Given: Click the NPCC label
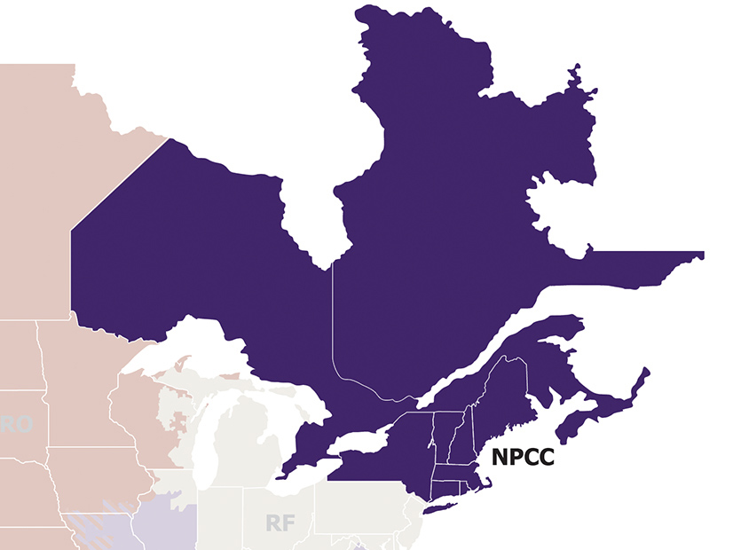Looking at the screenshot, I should [x=523, y=458].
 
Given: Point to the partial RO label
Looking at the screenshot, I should [x=16, y=424].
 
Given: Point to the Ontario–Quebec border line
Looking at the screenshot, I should [x=333, y=319].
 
